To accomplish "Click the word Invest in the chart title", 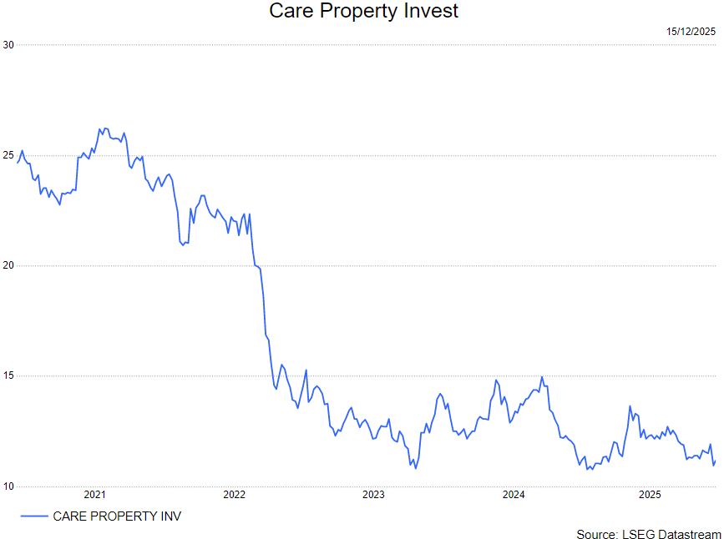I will click(428, 12).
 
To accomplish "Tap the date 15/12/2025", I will click(691, 32).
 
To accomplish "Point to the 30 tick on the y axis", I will click(8, 44).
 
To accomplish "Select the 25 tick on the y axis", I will click(8, 155).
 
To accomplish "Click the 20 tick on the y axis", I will click(8, 265).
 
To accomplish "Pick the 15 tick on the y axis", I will click(8, 376).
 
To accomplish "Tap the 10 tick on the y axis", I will click(8, 486).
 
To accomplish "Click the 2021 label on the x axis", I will click(95, 495).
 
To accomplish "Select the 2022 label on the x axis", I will click(235, 495).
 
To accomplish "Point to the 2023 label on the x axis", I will click(373, 495).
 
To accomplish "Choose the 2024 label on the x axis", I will click(513, 495).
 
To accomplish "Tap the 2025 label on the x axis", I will click(651, 495).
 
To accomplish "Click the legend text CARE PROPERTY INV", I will click(117, 516).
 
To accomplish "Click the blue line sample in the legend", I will click(33, 516).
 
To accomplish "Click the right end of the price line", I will click(716, 461).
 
